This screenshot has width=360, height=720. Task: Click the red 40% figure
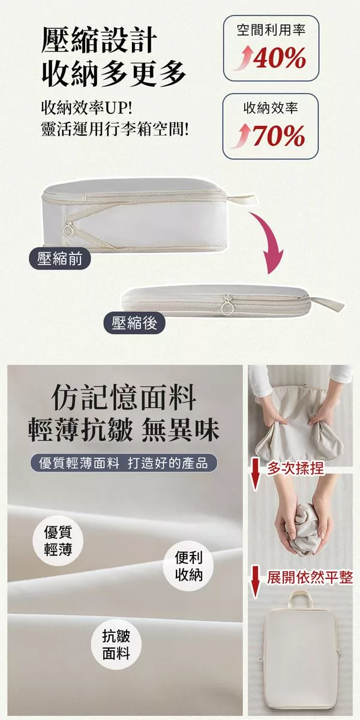click(280, 58)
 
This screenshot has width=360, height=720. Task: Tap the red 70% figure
click(279, 136)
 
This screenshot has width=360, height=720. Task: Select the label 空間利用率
click(271, 30)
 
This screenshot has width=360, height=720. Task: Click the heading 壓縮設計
click(100, 40)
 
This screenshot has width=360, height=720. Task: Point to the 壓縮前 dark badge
click(60, 259)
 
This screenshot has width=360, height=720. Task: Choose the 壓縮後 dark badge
click(134, 323)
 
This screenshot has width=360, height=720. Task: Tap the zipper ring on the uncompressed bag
click(68, 230)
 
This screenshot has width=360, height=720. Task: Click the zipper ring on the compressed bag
click(227, 308)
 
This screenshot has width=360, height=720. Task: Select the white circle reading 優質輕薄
click(58, 541)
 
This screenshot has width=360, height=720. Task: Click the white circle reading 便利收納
click(188, 566)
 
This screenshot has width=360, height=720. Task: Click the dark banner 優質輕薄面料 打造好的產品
click(124, 463)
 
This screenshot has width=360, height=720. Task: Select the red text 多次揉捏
click(295, 469)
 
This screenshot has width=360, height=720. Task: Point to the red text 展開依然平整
click(310, 577)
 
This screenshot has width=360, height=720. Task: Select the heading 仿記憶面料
click(124, 398)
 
